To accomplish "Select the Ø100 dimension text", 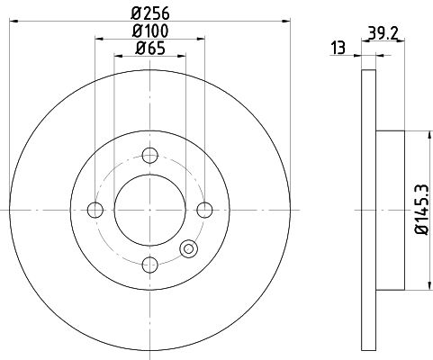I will coord(149,34).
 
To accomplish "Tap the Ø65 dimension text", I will coord(150,50).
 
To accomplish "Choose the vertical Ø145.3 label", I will coord(419,211).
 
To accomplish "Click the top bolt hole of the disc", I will coord(150,157).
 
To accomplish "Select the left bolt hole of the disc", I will coord(95,211).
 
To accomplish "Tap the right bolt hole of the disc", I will coord(205,211).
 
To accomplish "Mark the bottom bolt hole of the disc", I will coord(150,265).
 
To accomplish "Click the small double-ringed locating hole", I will coord(189,249).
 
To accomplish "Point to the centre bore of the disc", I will coord(150,211).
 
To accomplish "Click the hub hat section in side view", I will coord(389,211).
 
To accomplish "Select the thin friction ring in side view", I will coord(367,211).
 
